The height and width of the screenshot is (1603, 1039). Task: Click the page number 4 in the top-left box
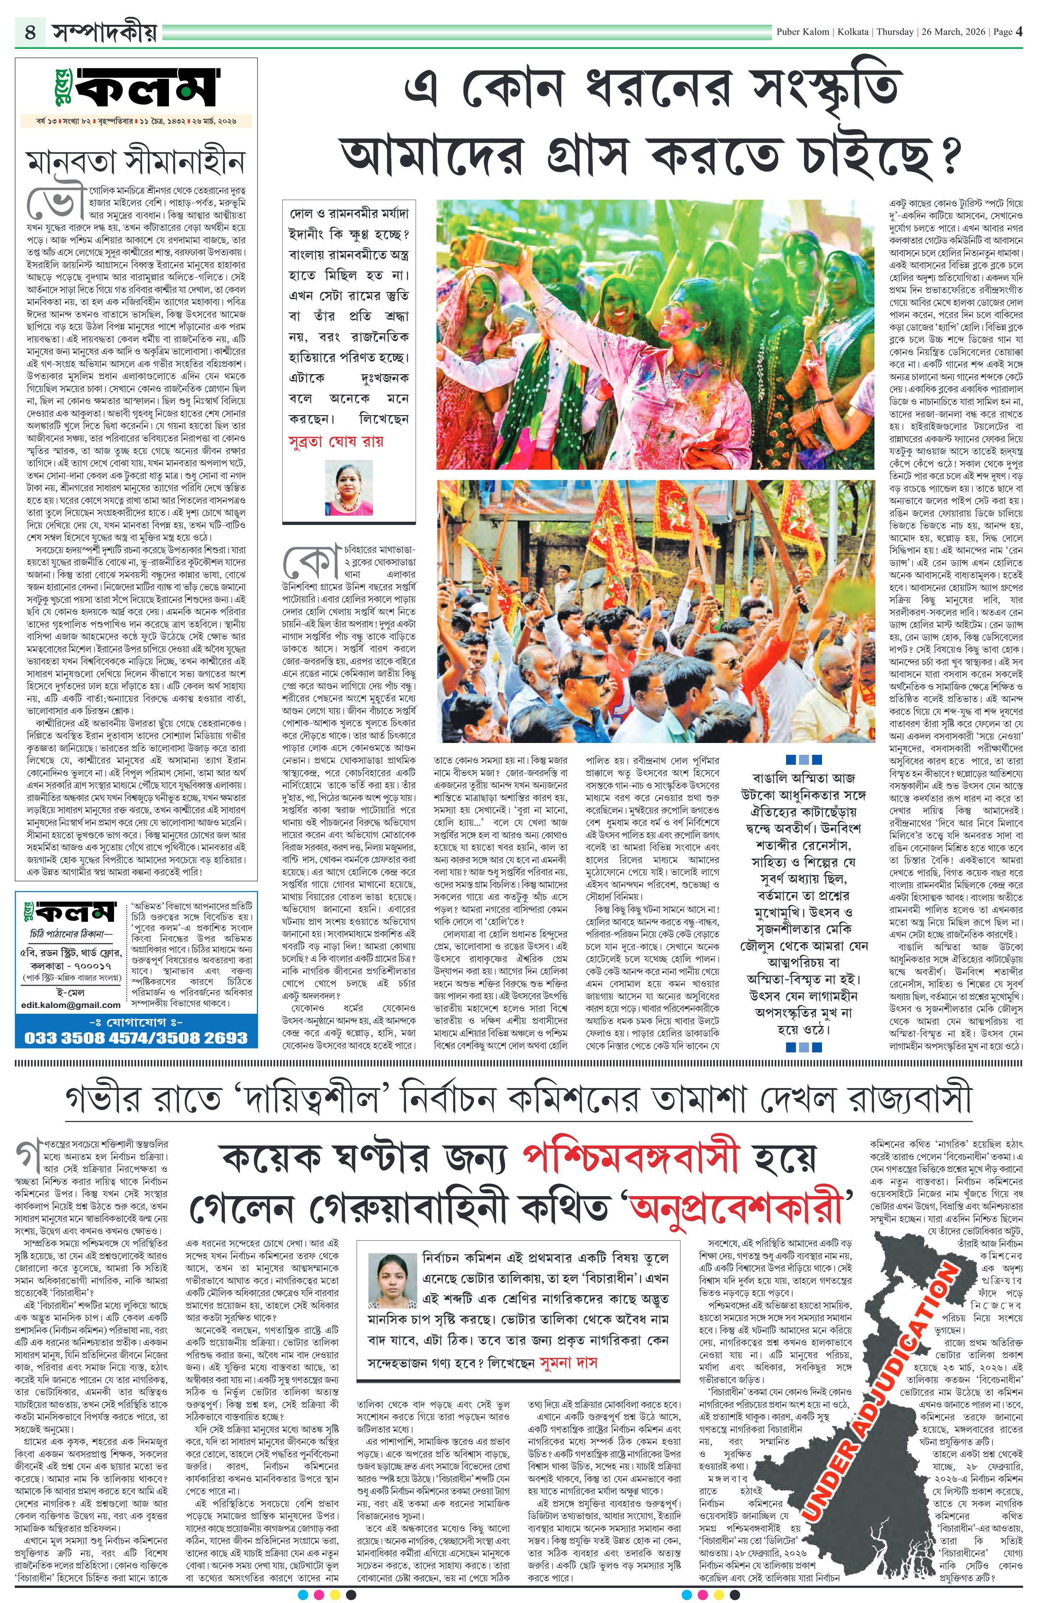pyautogui.click(x=30, y=32)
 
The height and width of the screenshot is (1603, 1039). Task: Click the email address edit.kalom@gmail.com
pyautogui.click(x=71, y=1004)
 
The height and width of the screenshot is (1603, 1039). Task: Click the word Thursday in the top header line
pyautogui.click(x=896, y=32)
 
